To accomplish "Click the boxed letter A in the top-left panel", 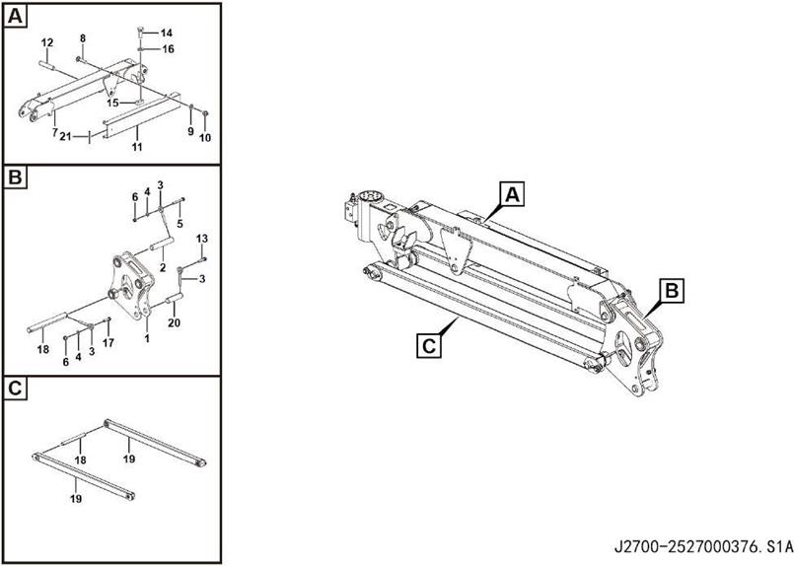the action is pyautogui.click(x=15, y=17).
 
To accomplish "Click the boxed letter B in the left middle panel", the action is pyautogui.click(x=15, y=177).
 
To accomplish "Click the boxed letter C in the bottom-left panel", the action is pyautogui.click(x=15, y=389).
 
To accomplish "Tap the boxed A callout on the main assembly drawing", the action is pyautogui.click(x=513, y=195).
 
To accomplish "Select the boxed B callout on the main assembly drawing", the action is pyautogui.click(x=672, y=291).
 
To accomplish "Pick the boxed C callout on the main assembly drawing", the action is pyautogui.click(x=429, y=346).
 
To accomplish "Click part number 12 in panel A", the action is pyautogui.click(x=47, y=43).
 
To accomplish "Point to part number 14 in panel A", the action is pyautogui.click(x=166, y=33).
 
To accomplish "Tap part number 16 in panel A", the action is pyautogui.click(x=168, y=49).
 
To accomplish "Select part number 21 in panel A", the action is pyautogui.click(x=65, y=136).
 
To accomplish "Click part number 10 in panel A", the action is pyautogui.click(x=205, y=138).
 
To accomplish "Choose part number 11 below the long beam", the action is pyautogui.click(x=137, y=147).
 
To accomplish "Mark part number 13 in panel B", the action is pyautogui.click(x=202, y=239).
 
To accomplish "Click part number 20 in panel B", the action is pyautogui.click(x=174, y=322).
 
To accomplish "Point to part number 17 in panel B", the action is pyautogui.click(x=108, y=343).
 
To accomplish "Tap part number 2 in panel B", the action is pyautogui.click(x=163, y=268).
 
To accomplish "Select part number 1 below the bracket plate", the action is pyautogui.click(x=147, y=338).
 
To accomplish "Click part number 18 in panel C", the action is pyautogui.click(x=80, y=460).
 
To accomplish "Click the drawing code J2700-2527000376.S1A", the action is pyautogui.click(x=703, y=547).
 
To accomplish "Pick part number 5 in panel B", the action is pyautogui.click(x=180, y=223).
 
